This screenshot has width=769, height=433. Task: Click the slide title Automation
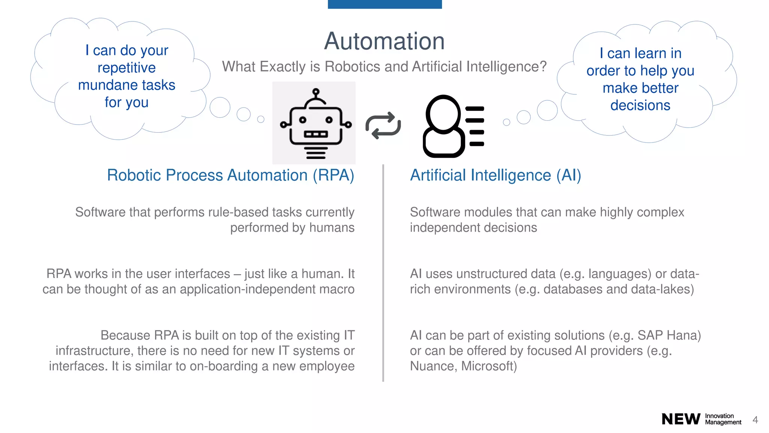click(384, 41)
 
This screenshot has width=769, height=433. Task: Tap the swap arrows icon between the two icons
click(383, 126)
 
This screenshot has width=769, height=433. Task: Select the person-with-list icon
click(453, 126)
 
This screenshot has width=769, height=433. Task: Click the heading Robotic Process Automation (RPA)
click(231, 175)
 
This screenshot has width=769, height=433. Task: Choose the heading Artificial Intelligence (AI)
click(495, 175)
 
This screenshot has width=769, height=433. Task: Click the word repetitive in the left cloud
click(127, 68)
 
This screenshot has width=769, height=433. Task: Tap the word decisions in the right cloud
click(640, 105)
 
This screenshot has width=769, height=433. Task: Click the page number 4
click(755, 420)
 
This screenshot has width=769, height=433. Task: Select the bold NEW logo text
click(681, 419)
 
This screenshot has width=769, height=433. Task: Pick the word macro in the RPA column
click(337, 289)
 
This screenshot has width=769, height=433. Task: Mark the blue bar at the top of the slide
click(384, 4)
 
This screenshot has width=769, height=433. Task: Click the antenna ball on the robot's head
click(316, 91)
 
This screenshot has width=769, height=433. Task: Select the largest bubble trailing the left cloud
click(220, 107)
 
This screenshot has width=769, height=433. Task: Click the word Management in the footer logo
click(723, 422)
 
